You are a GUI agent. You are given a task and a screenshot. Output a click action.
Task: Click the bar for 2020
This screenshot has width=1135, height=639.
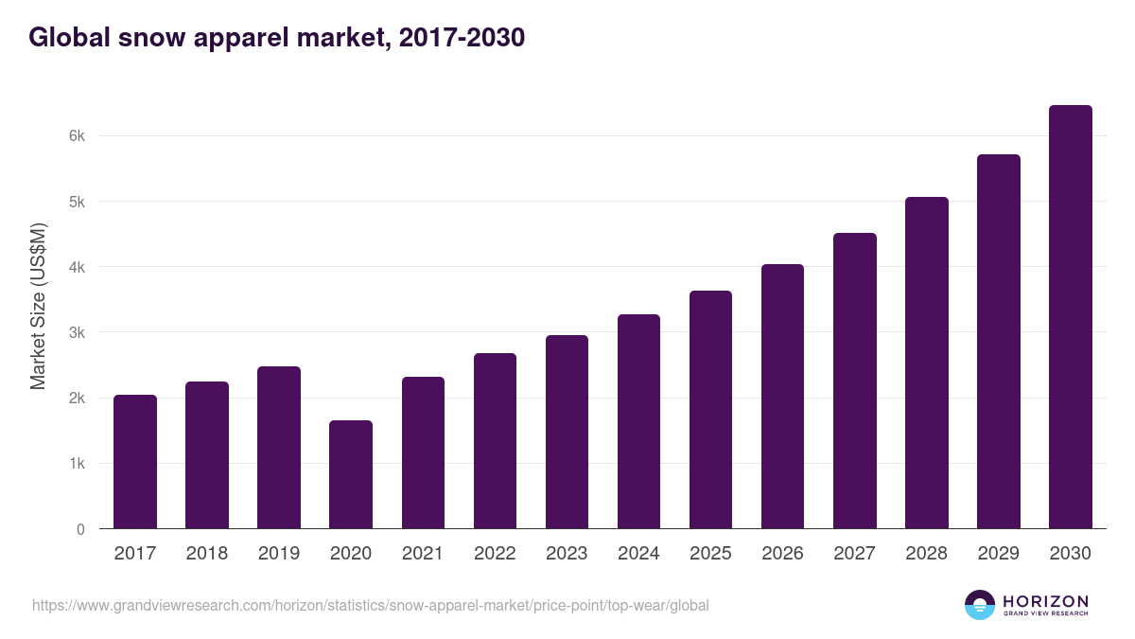pyautogui.click(x=351, y=474)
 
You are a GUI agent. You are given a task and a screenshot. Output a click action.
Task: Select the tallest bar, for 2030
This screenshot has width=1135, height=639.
pyautogui.click(x=1070, y=317)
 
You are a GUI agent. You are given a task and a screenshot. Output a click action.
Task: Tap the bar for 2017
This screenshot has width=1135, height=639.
pyautogui.click(x=135, y=462)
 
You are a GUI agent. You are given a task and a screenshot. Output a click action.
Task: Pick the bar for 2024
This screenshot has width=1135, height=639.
pyautogui.click(x=638, y=421)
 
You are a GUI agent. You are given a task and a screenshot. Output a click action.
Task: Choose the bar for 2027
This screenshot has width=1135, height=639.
pyautogui.click(x=854, y=381)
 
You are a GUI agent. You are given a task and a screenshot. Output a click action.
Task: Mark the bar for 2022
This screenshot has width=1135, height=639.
pyautogui.click(x=495, y=441)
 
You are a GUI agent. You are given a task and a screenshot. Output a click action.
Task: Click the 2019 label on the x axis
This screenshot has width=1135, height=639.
pyautogui.click(x=279, y=554)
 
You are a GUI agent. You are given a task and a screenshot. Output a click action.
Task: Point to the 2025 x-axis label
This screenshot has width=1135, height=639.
pyautogui.click(x=710, y=554)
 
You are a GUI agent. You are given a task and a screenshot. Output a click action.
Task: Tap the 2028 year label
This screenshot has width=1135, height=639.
pyautogui.click(x=926, y=554)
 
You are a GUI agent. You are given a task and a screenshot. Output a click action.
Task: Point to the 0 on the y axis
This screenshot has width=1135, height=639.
pyautogui.click(x=81, y=529)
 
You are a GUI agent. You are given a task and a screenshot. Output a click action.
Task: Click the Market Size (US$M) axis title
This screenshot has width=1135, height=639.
pyautogui.click(x=38, y=307)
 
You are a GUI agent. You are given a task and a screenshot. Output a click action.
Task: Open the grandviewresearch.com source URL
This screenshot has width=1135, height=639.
pyautogui.click(x=370, y=605)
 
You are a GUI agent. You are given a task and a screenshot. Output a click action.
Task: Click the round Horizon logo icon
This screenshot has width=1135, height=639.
pyautogui.click(x=980, y=605)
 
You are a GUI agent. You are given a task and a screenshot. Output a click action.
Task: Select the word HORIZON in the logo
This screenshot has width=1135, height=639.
pyautogui.click(x=1045, y=600)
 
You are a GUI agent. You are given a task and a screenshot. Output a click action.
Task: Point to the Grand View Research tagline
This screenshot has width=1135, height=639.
pyautogui.click(x=1045, y=613)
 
